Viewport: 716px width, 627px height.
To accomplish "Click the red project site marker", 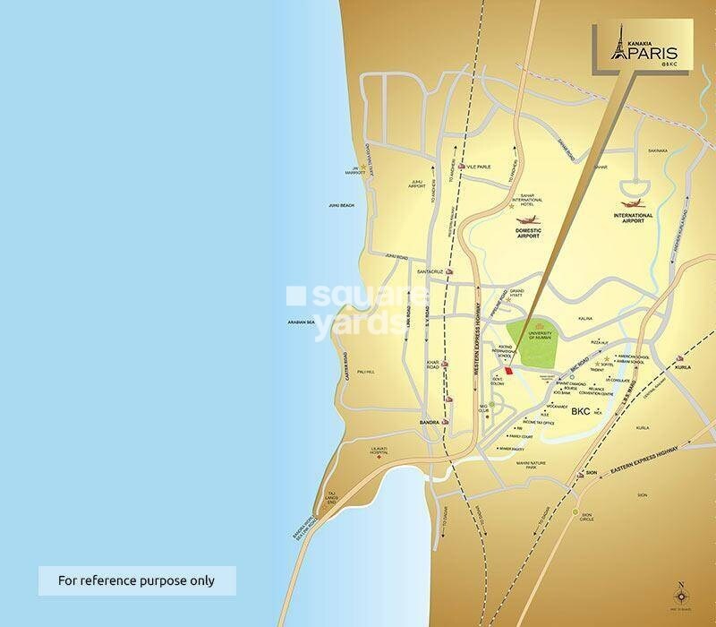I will tap(507, 371).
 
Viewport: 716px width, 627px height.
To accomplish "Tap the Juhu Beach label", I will tap(341, 206).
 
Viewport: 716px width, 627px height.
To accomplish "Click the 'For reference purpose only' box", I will tap(136, 580).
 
